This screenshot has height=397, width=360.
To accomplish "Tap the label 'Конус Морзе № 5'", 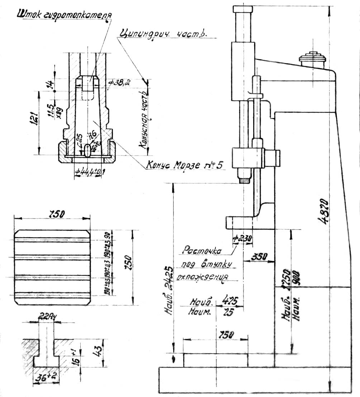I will [184, 165].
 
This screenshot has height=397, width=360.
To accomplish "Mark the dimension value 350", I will [260, 257].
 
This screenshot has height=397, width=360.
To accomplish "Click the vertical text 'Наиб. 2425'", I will [169, 290].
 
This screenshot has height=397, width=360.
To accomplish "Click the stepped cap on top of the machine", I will [311, 58].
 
